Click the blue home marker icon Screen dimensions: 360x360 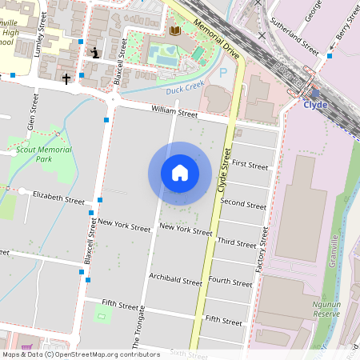pos(180,173)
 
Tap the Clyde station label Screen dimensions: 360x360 pos(315,104)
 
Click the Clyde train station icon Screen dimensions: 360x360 pos(315,93)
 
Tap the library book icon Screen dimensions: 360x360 pos(175,30)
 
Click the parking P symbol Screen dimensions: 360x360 pos(223,72)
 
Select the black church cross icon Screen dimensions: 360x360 pos(66,79)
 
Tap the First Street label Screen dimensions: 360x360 pos(250,166)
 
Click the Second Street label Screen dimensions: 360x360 pos(243,204)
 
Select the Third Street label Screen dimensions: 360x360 pos(237,242)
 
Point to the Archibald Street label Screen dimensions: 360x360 pos(175,281)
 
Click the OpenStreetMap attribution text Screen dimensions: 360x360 pos(80,354)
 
